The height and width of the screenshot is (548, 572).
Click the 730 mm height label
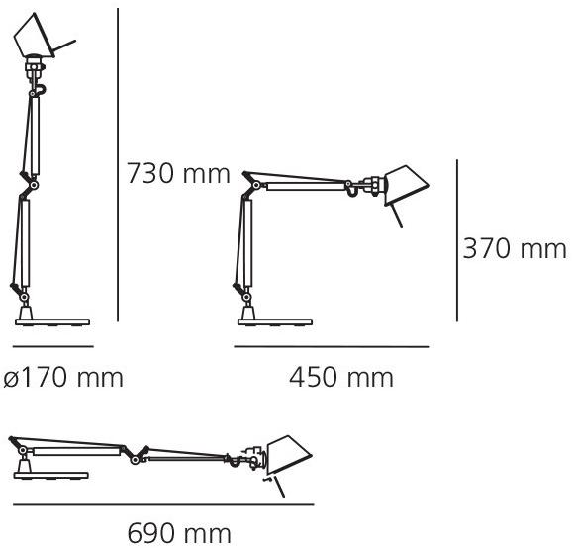coord(177,175)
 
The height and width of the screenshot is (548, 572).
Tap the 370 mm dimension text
coord(515,248)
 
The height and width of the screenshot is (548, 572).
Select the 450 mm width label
coord(340,377)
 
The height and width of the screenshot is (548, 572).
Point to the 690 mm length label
coord(180,534)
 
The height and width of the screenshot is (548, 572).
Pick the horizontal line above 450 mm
coord(332,347)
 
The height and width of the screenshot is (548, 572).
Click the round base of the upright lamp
coord(52,320)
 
